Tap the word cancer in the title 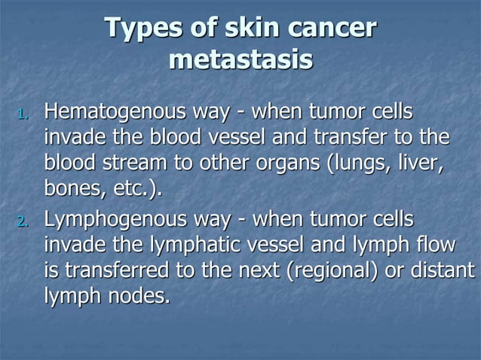[x=333, y=29]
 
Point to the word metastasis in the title [x=241, y=59]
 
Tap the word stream [x=120, y=164]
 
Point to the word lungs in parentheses [x=356, y=164]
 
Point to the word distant [x=446, y=270]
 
